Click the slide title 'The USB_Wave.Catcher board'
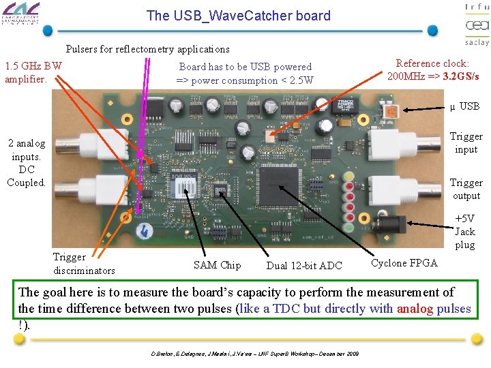pyautogui.click(x=238, y=16)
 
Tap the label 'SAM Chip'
pyautogui.click(x=217, y=265)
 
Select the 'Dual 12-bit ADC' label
pyautogui.click(x=304, y=266)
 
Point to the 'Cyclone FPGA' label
pyautogui.click(x=404, y=263)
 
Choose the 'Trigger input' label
pyautogui.click(x=466, y=142)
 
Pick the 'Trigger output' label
pyautogui.click(x=466, y=189)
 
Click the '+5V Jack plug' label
pyautogui.click(x=464, y=232)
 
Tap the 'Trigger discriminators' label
pyautogui.click(x=84, y=264)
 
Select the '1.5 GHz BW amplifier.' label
pyautogui.click(x=33, y=72)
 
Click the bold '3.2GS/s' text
pyautogui.click(x=460, y=76)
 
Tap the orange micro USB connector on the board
pyautogui.click(x=391, y=112)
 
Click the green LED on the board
pyautogui.click(x=349, y=227)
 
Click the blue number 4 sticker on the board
pyautogui.click(x=145, y=230)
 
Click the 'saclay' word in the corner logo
pyautogui.click(x=477, y=42)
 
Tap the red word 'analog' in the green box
pyautogui.click(x=416, y=309)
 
